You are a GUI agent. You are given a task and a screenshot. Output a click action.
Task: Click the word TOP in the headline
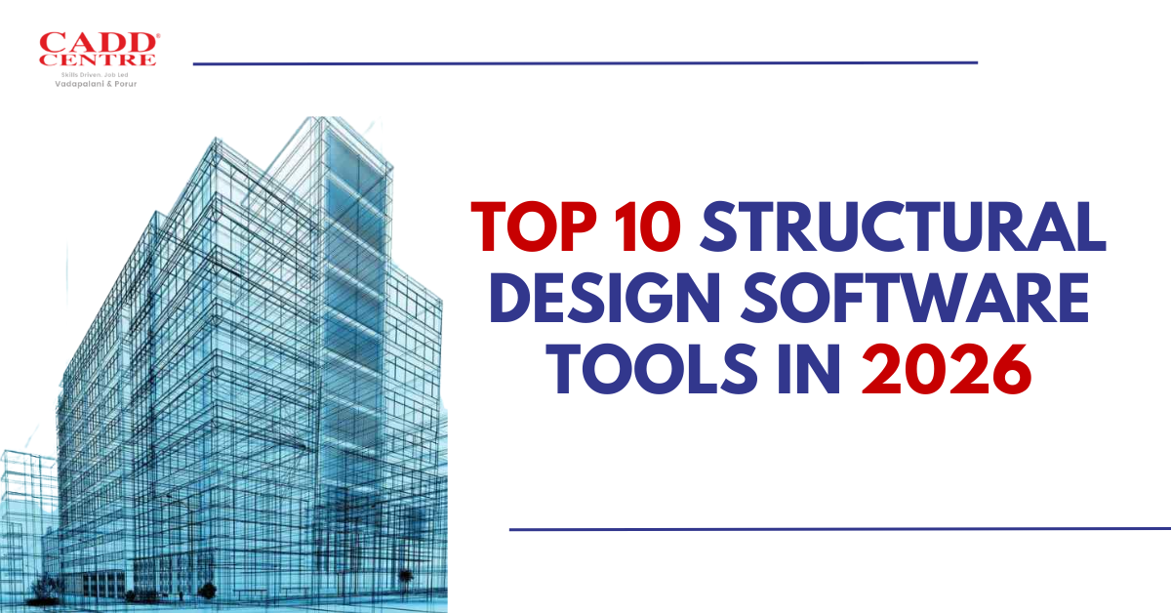534,227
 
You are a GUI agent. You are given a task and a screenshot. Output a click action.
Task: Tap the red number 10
648,227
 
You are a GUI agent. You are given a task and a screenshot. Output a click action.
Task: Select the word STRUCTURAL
903,227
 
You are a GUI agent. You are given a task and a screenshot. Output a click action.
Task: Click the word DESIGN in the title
605,297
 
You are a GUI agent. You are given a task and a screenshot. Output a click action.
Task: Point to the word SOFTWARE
915,297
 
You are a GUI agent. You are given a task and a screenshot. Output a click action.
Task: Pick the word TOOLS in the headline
656,369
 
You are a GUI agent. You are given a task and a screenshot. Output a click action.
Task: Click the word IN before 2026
809,369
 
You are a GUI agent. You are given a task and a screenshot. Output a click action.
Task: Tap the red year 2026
947,369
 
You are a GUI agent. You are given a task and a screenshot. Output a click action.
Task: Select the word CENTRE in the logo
98,60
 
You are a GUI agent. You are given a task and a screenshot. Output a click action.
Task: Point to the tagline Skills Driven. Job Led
95,75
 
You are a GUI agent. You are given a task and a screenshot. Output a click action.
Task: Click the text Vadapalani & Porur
96,84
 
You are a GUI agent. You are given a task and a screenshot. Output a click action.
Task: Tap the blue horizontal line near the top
585,63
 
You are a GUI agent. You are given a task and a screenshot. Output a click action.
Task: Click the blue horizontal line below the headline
840,529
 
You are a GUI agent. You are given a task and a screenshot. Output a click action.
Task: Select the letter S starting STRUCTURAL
722,227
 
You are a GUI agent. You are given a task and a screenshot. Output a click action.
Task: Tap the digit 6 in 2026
1011,369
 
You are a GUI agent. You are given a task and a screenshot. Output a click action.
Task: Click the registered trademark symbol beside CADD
158,35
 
